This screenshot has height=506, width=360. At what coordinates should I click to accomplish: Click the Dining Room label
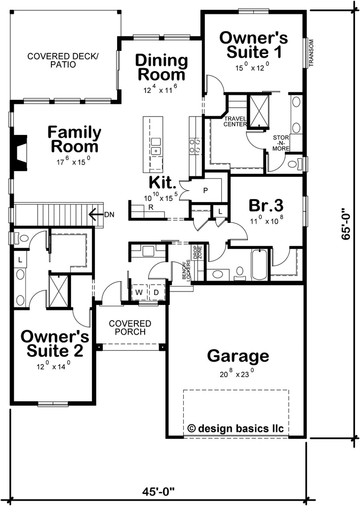(161, 68)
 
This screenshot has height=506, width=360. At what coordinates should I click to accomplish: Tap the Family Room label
(74, 139)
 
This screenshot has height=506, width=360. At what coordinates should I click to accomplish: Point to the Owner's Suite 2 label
(55, 344)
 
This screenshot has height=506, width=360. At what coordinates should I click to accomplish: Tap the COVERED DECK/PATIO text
(63, 60)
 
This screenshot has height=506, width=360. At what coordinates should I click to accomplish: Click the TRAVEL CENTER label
(236, 122)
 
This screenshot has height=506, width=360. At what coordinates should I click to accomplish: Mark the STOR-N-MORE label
(281, 142)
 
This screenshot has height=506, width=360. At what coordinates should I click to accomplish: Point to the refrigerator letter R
(150, 209)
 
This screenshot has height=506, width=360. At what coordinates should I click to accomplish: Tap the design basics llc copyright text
(236, 428)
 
